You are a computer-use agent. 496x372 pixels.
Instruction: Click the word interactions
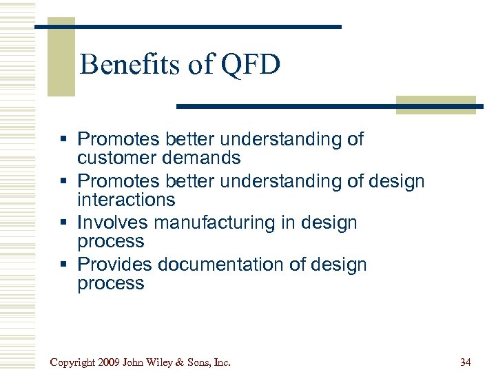[x=126, y=200]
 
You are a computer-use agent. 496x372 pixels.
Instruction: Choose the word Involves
[x=113, y=223]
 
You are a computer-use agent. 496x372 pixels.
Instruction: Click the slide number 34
[x=466, y=362]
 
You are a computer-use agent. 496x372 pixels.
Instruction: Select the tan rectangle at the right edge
[x=435, y=105]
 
